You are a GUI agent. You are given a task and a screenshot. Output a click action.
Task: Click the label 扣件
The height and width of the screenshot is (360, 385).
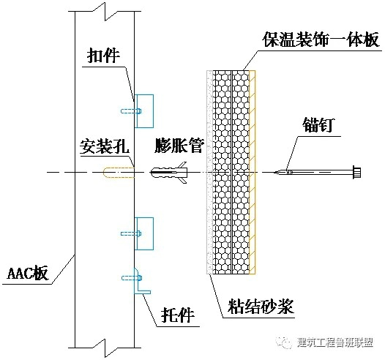(103, 56)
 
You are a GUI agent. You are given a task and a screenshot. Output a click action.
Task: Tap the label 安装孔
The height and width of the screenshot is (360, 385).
(105, 146)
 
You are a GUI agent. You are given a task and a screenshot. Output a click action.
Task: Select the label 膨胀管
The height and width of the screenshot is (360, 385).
(179, 146)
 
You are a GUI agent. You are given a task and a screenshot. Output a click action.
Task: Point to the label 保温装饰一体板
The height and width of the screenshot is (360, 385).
(321, 40)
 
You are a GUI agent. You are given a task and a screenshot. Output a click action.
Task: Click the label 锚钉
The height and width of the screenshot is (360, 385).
(318, 125)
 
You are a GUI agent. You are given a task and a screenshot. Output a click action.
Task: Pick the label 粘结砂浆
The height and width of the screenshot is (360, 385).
(261, 307)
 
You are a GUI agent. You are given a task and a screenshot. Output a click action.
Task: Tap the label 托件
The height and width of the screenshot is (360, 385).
(178, 315)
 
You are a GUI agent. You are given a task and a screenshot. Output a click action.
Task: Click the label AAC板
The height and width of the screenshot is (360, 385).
(28, 273)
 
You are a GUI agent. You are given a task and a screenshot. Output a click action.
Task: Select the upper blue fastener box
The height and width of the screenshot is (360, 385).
(144, 111)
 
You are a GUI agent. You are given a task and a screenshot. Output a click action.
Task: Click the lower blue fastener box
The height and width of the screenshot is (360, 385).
(144, 233)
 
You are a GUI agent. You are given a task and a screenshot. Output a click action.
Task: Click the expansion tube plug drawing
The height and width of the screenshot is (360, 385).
(168, 172)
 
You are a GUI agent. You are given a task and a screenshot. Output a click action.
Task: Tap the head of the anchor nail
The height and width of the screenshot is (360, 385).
(356, 172)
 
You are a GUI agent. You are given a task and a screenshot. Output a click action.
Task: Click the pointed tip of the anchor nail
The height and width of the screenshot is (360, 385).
(274, 172)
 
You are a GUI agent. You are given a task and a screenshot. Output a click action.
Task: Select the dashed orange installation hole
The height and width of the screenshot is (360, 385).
(119, 172)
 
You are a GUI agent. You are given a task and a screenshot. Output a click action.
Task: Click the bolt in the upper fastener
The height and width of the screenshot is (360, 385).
(131, 111)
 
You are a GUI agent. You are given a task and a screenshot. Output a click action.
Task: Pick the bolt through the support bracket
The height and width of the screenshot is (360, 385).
(132, 278)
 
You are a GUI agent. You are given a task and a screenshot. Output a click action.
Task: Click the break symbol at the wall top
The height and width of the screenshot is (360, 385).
(105, 11)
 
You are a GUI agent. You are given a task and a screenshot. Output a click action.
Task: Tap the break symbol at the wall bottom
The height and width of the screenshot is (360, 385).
(105, 348)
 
